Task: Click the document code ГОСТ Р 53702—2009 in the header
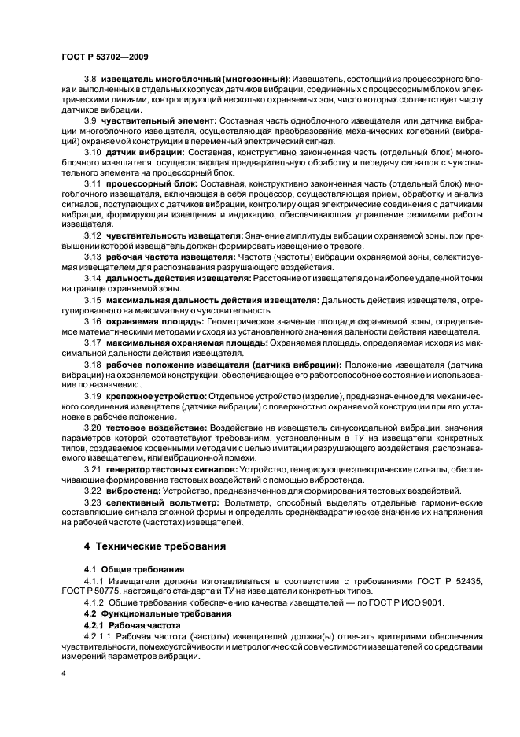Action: pyautogui.click(x=102, y=56)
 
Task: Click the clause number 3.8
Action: pyautogui.click(x=90, y=79)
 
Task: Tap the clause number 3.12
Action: pyautogui.click(x=93, y=235)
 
